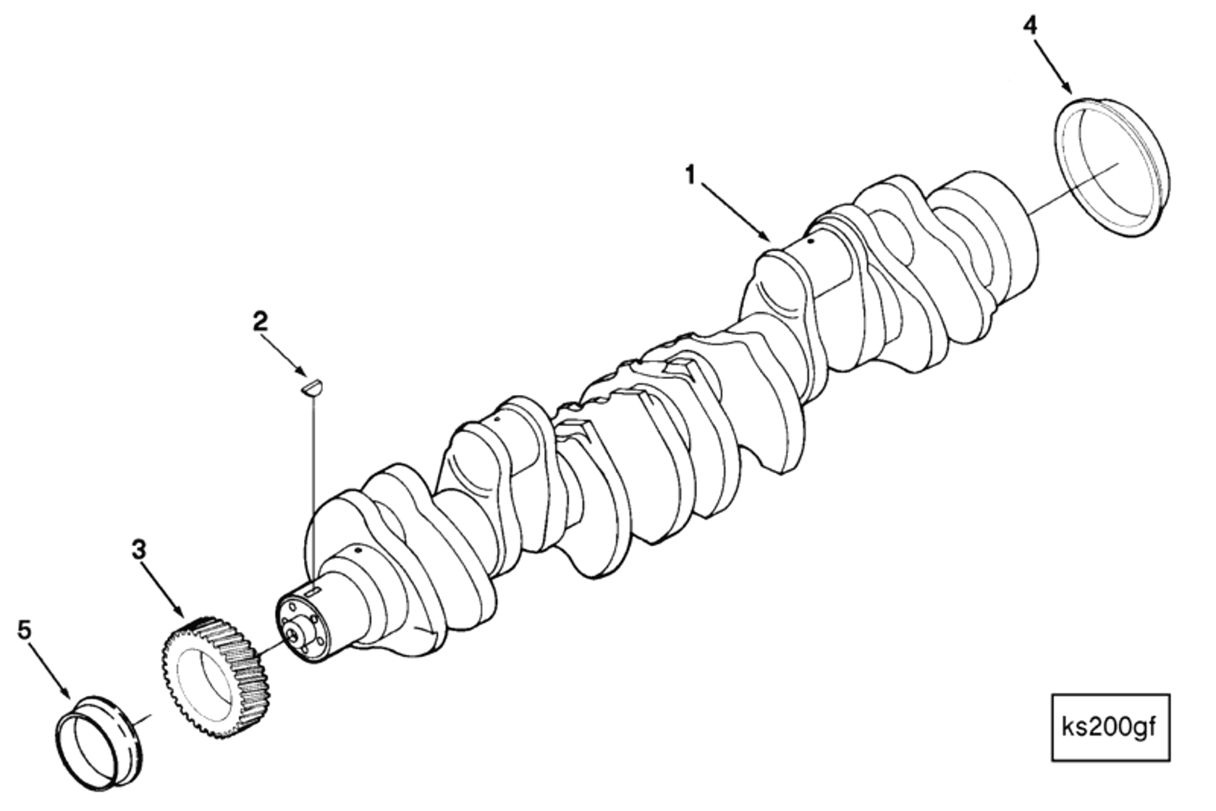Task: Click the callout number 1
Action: tap(691, 174)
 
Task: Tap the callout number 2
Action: tap(260, 321)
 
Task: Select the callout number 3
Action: tap(138, 549)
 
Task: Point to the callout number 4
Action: tap(1029, 26)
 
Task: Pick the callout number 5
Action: tap(25, 630)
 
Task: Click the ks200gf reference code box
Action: tap(1110, 727)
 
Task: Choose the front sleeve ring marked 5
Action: tap(100, 742)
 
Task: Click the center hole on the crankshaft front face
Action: tap(293, 634)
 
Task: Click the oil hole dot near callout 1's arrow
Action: tap(811, 241)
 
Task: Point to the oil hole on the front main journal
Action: tap(358, 552)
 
